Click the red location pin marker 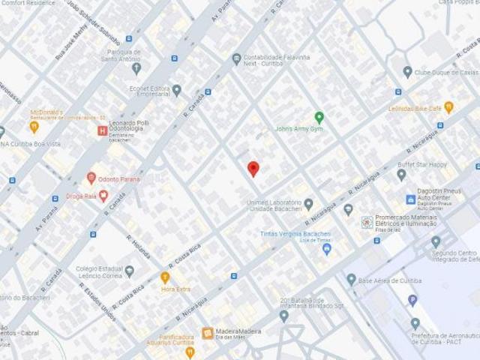click(x=253, y=168)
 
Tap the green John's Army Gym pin click(x=319, y=117)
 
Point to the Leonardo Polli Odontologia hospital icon click(x=102, y=130)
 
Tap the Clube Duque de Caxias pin click(x=407, y=72)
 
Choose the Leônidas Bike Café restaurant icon click(x=448, y=106)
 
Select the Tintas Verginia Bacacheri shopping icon click(x=326, y=247)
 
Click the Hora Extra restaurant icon click(x=165, y=276)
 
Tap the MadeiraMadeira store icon click(x=208, y=332)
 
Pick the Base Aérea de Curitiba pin click(x=351, y=279)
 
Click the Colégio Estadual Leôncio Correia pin click(x=130, y=270)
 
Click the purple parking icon click(x=412, y=301)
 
